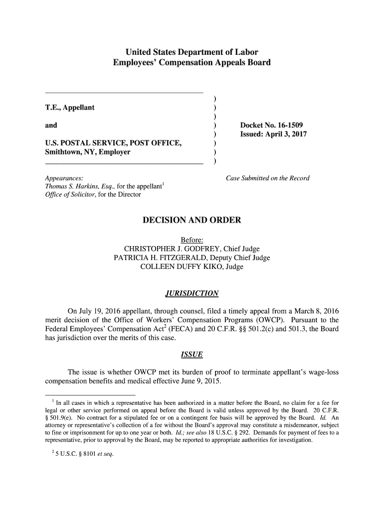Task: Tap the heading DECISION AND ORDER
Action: tap(192, 220)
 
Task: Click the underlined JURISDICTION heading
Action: tap(192, 293)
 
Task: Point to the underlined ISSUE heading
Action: tap(192, 355)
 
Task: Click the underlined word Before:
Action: tap(192, 240)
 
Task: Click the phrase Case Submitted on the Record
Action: tap(268, 178)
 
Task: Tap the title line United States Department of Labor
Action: tap(192, 52)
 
